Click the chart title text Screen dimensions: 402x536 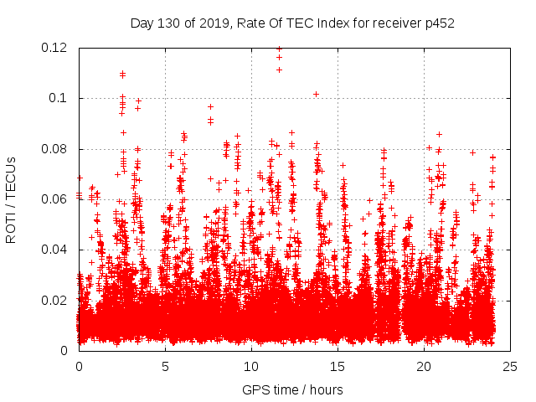point(292,23)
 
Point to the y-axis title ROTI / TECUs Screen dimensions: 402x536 point(11,199)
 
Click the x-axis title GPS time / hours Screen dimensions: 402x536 point(292,389)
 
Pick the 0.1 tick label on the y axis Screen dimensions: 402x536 point(61,98)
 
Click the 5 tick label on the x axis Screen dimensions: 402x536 point(165,366)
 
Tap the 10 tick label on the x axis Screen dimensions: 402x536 point(251,366)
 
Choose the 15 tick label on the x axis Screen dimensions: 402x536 point(338,366)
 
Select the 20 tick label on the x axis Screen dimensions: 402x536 point(424,366)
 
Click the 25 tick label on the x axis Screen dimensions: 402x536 point(510,366)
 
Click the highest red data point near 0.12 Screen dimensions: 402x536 point(279,49)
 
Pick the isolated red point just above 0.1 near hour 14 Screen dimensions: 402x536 point(316,94)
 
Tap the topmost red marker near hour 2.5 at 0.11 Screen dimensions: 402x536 point(122,74)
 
